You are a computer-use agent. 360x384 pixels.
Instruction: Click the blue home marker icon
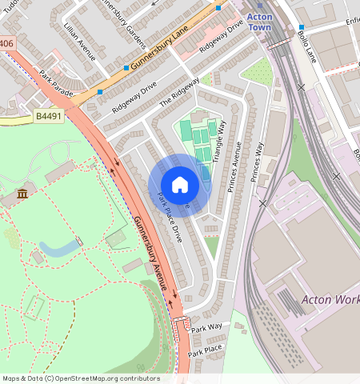(180, 185)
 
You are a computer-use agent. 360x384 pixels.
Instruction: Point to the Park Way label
(206, 328)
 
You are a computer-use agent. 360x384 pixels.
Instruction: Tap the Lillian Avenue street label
(78, 41)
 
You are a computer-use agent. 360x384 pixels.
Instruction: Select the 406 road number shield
(6, 42)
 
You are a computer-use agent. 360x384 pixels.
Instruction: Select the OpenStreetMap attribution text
(80, 378)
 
